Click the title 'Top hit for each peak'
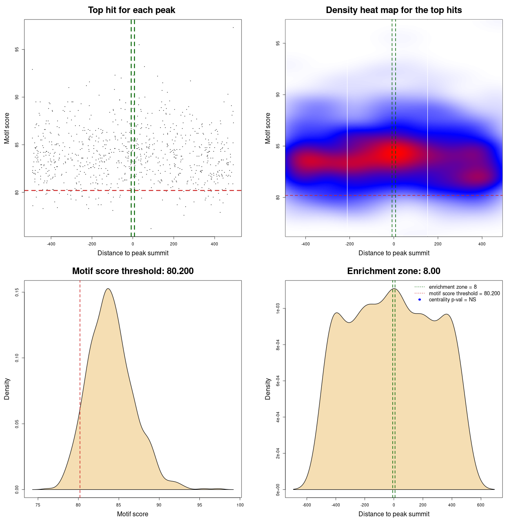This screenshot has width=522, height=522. click(132, 10)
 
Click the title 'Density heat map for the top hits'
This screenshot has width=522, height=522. click(394, 10)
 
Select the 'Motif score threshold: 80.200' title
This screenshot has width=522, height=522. click(133, 271)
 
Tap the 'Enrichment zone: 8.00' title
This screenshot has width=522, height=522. click(394, 271)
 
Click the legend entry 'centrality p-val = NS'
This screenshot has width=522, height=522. click(452, 300)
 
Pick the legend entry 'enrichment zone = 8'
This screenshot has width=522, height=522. click(453, 287)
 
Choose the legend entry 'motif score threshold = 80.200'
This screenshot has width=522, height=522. click(464, 294)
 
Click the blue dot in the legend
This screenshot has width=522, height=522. click(420, 300)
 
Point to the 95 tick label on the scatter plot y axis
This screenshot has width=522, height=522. click(17, 50)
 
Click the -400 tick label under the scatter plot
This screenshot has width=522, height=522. click(51, 244)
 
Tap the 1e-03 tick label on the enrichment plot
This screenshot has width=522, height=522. click(278, 309)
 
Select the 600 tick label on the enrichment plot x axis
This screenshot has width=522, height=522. click(481, 505)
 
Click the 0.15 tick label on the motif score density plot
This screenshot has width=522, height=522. click(17, 292)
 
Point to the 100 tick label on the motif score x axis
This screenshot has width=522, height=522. click(240, 505)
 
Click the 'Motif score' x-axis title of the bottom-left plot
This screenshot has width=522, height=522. click(133, 514)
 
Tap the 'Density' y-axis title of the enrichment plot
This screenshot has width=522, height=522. click(268, 389)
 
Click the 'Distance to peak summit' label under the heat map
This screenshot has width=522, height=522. click(394, 253)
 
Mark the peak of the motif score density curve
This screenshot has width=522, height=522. click(108, 289)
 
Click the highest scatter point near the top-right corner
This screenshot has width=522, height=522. click(233, 27)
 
